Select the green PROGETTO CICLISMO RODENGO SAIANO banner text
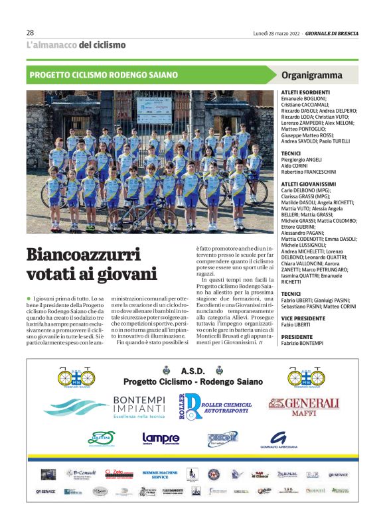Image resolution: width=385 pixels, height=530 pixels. pos(104,75)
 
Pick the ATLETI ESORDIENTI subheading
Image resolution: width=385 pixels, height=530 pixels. pos(305,92)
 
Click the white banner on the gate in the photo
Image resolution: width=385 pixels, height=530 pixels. pos(155,107)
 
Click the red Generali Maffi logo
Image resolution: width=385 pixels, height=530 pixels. pos(303,406)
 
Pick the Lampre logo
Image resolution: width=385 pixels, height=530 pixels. pos(161,438)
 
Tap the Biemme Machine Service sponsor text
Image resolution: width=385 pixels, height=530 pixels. pos(155,475)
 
